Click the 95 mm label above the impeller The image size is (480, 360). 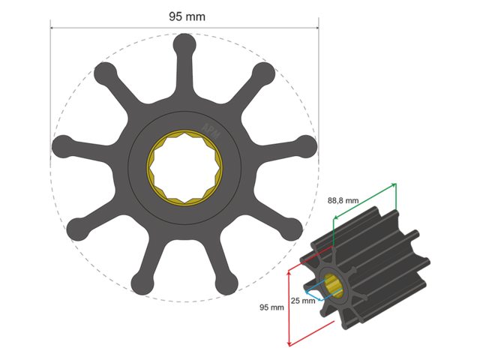(182, 16)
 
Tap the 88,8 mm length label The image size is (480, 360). (343, 201)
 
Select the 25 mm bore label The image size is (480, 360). (301, 301)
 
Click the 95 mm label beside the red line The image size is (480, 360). (271, 307)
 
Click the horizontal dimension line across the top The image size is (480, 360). (112, 28)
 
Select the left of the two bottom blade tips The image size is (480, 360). (140, 283)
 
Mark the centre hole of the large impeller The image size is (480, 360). (183, 162)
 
